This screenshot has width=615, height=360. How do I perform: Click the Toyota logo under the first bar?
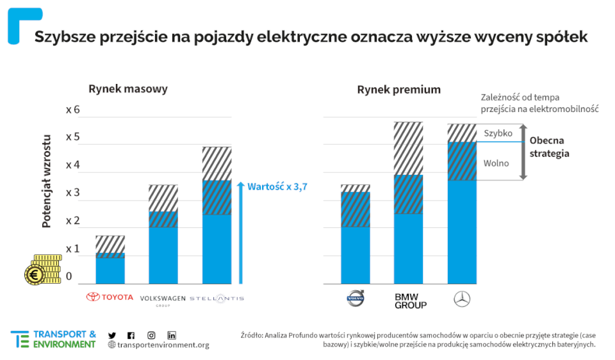tap(110, 297)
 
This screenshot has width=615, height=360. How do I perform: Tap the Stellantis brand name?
tap(217, 299)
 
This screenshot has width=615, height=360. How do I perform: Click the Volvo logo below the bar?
tap(355, 298)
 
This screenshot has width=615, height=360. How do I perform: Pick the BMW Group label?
tap(411, 300)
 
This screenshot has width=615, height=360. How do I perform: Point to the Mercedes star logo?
tap(462, 299)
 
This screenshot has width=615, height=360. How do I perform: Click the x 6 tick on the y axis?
tap(73, 110)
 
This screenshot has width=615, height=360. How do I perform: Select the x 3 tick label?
tap(73, 193)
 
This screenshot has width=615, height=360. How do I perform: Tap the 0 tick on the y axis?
tap(69, 277)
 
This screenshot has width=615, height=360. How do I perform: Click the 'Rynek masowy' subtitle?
tap(128, 89)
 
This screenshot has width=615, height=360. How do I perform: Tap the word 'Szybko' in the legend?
tap(498, 133)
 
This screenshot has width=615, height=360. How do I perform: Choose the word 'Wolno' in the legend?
tap(496, 163)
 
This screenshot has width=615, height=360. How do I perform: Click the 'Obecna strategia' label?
tap(550, 147)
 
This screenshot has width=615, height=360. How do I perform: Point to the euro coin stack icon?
tap(42, 269)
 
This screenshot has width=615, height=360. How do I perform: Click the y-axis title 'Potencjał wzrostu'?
tap(47, 181)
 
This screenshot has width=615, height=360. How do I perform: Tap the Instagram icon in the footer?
tap(151, 335)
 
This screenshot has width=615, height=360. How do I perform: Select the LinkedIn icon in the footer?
tap(172, 335)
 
